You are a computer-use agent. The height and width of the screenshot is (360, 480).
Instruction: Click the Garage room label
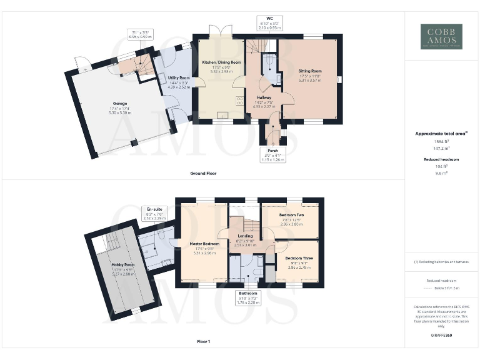[120, 103]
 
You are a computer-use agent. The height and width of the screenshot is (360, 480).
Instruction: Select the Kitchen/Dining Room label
[221, 62]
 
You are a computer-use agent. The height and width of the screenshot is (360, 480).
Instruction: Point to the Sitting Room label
[310, 72]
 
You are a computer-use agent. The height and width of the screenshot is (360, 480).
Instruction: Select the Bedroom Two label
[291, 215]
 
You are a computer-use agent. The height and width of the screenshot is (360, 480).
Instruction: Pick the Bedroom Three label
[297, 257]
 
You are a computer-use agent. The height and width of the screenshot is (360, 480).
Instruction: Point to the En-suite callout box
[154, 213]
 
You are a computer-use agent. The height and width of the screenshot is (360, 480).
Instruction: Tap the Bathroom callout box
[248, 297]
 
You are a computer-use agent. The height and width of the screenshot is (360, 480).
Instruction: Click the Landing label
[246, 236]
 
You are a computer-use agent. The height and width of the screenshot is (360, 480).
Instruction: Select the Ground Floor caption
[203, 173]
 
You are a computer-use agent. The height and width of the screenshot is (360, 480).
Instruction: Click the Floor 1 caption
[203, 342]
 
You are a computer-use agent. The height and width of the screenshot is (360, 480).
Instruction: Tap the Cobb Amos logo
[441, 36]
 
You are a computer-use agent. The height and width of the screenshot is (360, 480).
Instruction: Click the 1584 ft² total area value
[441, 142]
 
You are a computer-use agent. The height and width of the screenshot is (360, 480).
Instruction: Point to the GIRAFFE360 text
[441, 336]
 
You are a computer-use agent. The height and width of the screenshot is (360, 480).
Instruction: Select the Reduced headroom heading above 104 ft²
[441, 160]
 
